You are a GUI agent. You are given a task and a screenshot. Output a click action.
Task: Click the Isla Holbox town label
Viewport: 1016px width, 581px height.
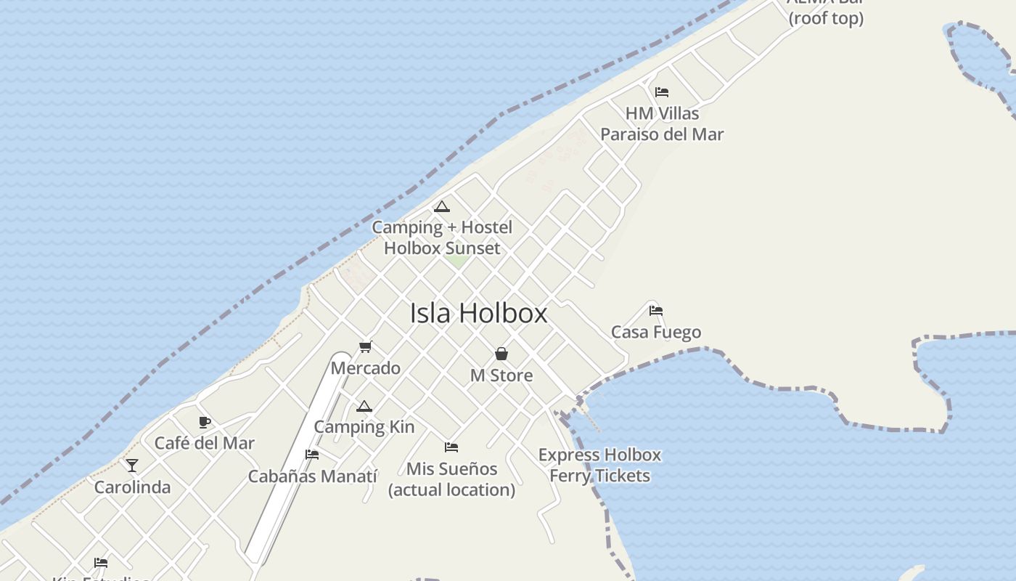(478, 314)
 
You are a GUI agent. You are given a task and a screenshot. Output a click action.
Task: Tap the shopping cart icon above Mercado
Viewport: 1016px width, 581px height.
(365, 347)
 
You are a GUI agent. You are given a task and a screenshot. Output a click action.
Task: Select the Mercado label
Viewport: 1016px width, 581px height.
(365, 368)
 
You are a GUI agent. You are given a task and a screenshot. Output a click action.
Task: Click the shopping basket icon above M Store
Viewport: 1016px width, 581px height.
(501, 354)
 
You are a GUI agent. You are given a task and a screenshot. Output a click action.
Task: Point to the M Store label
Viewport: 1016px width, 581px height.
(501, 375)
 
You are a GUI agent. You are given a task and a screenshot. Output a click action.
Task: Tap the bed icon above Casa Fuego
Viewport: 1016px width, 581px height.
(656, 311)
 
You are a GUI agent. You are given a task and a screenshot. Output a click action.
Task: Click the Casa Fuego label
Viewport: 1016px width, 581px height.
(656, 333)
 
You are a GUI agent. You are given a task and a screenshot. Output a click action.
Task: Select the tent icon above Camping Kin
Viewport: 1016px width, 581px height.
(364, 406)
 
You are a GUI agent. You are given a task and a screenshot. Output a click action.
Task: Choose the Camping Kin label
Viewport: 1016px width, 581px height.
(364, 427)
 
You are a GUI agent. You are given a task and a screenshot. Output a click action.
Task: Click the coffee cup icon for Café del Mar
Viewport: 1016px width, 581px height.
(205, 422)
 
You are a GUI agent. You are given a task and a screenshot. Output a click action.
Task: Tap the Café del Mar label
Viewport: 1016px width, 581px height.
(205, 443)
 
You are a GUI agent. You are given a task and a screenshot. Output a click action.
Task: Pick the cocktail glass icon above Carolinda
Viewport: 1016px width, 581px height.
(132, 466)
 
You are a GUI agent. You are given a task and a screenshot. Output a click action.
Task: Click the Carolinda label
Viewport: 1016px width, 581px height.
(132, 487)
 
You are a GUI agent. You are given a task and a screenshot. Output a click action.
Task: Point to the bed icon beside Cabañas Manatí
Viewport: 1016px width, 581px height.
(312, 455)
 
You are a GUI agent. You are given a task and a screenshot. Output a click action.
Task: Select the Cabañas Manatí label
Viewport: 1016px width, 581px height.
(312, 476)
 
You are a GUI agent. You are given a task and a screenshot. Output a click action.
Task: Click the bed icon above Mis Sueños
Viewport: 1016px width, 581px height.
(451, 447)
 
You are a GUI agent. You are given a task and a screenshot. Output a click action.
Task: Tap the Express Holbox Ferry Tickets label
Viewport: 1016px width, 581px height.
(599, 466)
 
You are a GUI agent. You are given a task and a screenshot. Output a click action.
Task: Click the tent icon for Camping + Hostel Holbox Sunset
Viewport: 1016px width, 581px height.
(442, 207)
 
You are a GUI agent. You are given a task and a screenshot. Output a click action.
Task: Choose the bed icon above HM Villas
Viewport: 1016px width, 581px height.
(661, 92)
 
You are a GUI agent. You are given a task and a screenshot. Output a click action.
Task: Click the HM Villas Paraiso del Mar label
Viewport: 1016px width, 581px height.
(662, 124)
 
